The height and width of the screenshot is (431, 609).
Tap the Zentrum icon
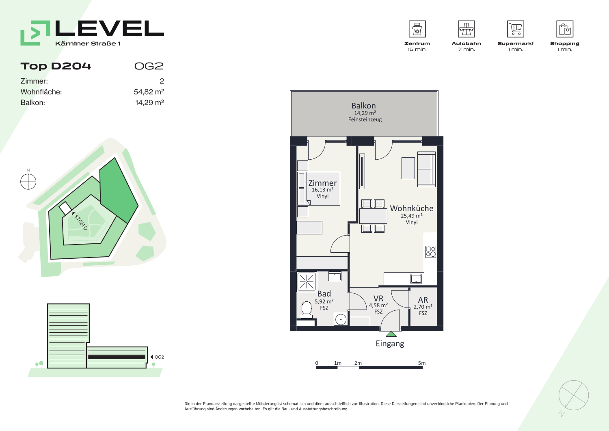417,29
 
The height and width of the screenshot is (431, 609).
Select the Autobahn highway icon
466,29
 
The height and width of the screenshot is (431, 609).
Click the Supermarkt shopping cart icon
516,29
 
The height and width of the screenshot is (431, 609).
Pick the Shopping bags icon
565,29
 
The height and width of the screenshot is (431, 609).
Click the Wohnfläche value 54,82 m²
149,92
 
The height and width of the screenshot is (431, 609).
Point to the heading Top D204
56,66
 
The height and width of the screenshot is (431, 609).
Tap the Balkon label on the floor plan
363,106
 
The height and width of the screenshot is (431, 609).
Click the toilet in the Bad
307,310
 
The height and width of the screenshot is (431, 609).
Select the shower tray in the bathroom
307,282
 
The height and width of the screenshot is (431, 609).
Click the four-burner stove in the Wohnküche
431,252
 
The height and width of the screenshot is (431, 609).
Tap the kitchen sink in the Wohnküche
416,279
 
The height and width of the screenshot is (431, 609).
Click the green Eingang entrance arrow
391,334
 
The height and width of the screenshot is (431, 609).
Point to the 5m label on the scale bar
422,363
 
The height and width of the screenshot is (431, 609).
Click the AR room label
423,300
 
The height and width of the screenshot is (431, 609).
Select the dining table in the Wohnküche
373,216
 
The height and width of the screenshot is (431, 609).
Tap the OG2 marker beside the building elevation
158,357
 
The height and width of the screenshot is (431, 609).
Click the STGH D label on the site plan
80,222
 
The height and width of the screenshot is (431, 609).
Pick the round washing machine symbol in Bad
341,319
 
